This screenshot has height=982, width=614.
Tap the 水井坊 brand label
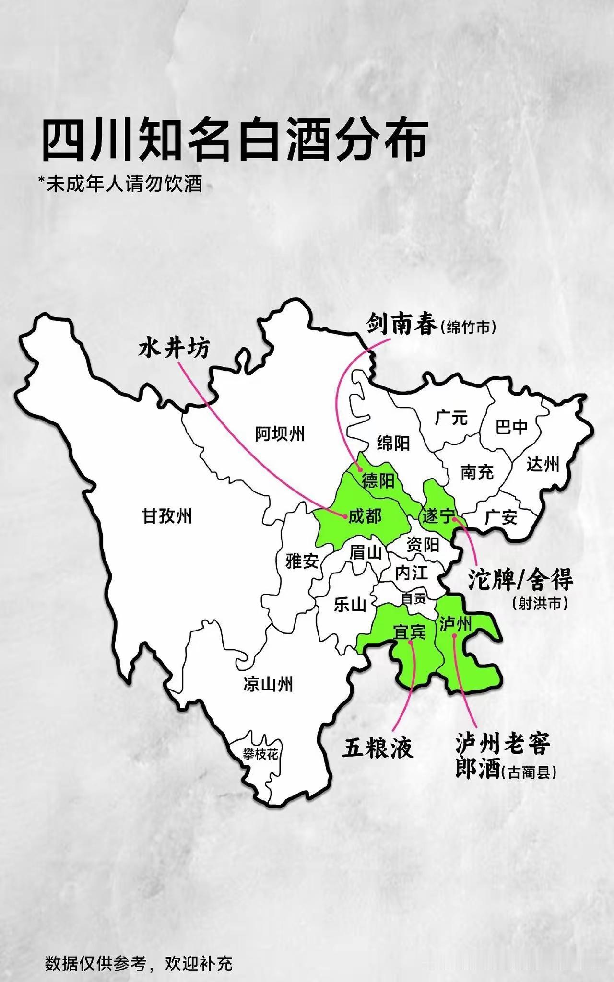(174, 348)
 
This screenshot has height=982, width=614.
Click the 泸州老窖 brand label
(503, 743)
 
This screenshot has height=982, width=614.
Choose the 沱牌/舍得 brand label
(520, 581)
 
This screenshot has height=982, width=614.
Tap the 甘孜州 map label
(167, 516)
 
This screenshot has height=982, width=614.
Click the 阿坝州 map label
(280, 434)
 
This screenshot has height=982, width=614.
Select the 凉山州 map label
(268, 684)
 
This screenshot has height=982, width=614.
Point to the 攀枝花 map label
(260, 754)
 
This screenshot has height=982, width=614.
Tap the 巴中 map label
(511, 426)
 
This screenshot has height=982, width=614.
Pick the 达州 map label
(543, 464)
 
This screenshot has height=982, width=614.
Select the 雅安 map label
(302, 561)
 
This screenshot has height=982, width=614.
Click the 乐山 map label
(350, 605)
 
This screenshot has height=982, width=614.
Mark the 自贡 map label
(413, 598)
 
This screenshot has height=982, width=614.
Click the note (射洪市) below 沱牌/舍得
(540, 603)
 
